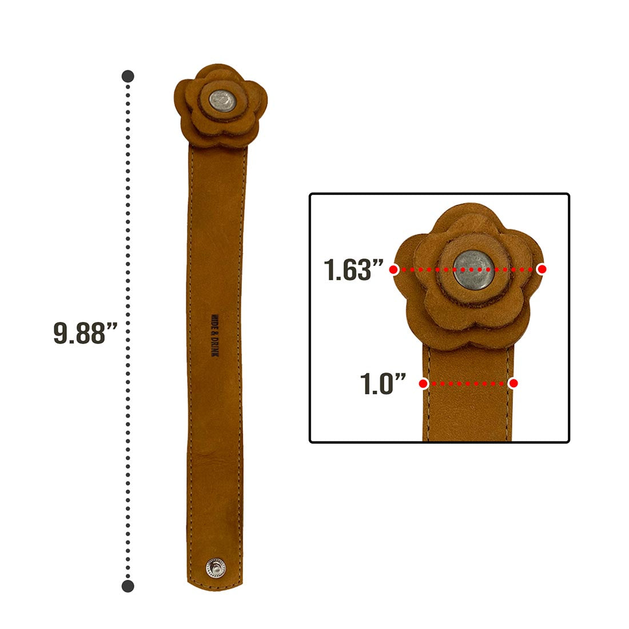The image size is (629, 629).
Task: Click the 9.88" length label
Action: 85,333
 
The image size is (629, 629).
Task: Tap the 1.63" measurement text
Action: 353,269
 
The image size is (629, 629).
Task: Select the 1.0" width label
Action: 383,384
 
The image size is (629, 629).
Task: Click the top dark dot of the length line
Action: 128,76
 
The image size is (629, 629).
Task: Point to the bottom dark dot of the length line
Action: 128,586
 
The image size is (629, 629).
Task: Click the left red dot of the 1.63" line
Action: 393,269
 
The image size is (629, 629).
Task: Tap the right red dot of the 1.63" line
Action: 542,269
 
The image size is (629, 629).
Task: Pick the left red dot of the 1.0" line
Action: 423,384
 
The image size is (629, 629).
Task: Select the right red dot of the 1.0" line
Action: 513,384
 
